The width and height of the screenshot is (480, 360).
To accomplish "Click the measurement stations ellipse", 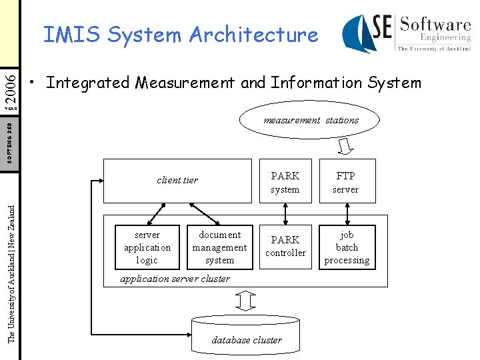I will point(311,121).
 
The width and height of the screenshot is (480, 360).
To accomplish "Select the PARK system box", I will point(285,181).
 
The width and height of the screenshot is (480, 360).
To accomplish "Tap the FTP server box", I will point(347,181).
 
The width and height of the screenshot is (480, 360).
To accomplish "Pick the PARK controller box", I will point(285,247).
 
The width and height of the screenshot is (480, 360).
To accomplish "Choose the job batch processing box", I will point(347,247).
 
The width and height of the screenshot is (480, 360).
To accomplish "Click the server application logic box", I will point(147,247).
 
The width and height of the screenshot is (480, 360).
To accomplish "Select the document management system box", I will point(220,247).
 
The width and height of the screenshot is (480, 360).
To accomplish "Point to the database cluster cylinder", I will point(246,337).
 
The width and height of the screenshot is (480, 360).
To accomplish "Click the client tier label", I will point(177,180).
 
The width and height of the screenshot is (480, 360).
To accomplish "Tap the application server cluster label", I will point(175,279).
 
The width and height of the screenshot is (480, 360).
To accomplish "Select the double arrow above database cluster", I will point(246,301).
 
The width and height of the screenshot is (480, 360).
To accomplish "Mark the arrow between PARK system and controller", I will point(285,214).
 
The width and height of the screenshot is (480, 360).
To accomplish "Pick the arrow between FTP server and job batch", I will point(347,214).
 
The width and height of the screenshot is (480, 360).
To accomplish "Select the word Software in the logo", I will point(435,26).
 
